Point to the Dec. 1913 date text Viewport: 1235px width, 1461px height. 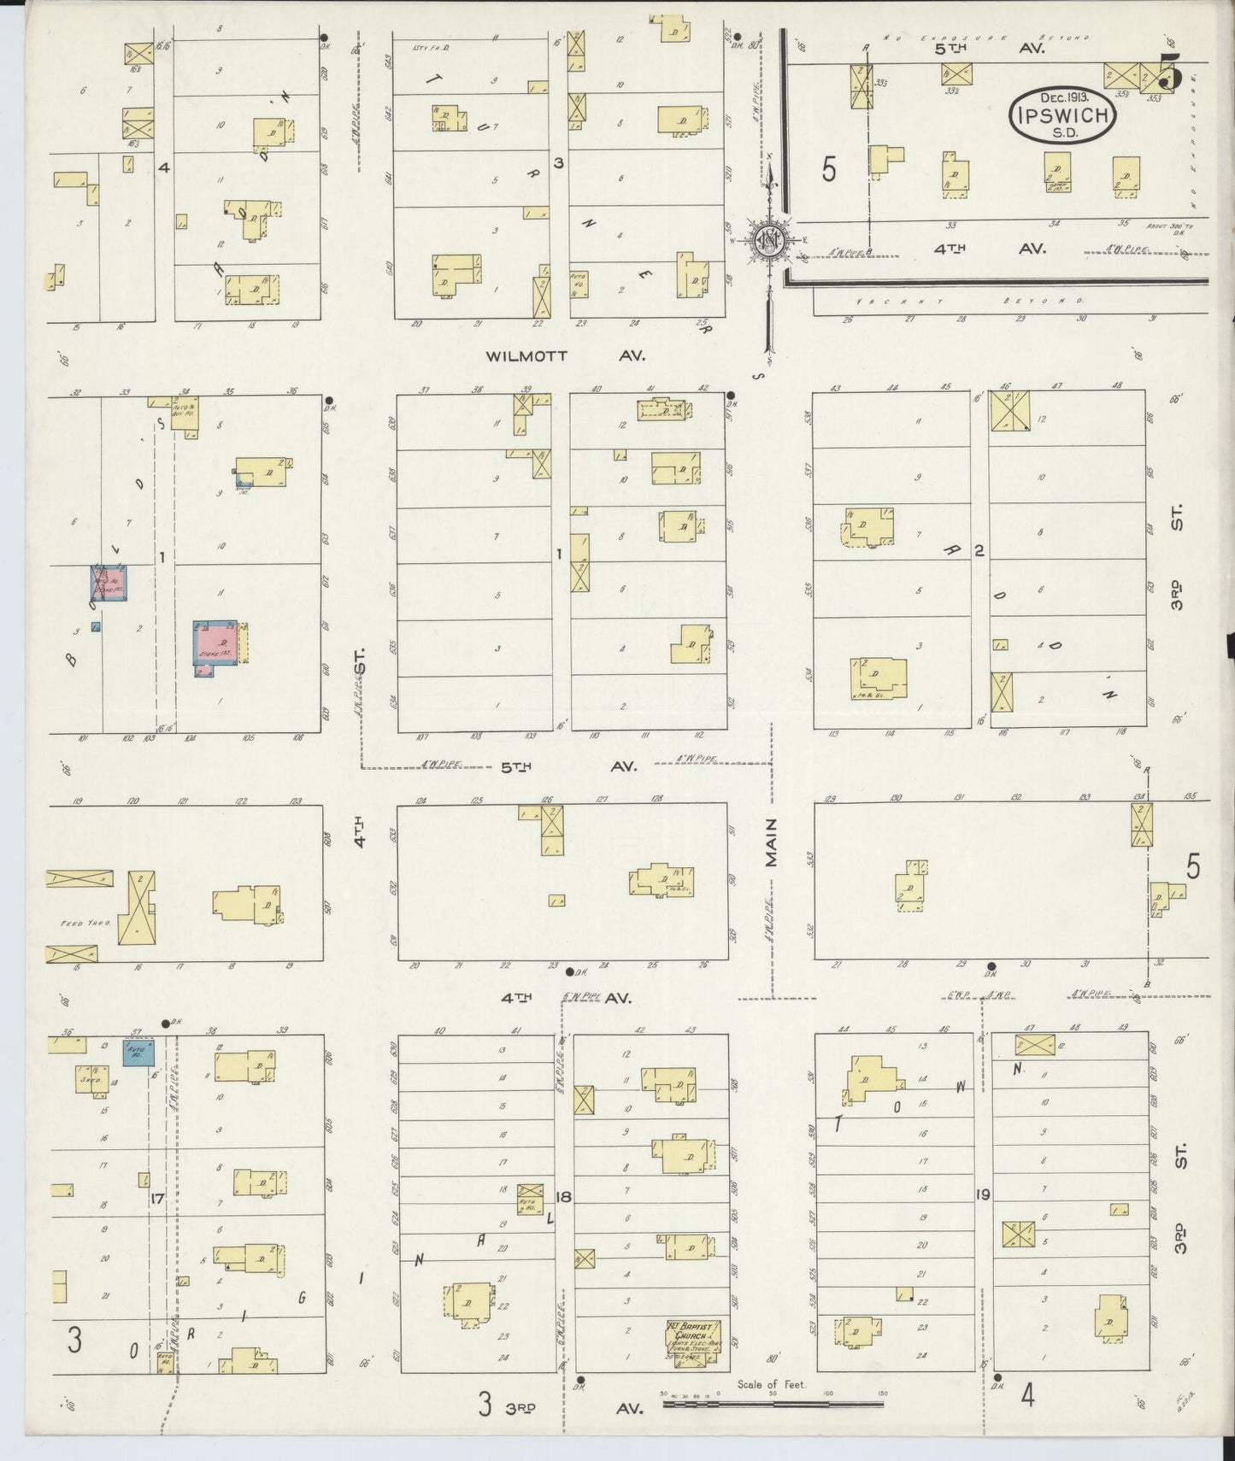coord(1064,98)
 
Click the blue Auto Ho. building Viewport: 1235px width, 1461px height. coord(139,1052)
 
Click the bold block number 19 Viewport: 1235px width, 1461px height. coord(982,1194)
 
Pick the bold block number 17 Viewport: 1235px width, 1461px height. coord(156,1199)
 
